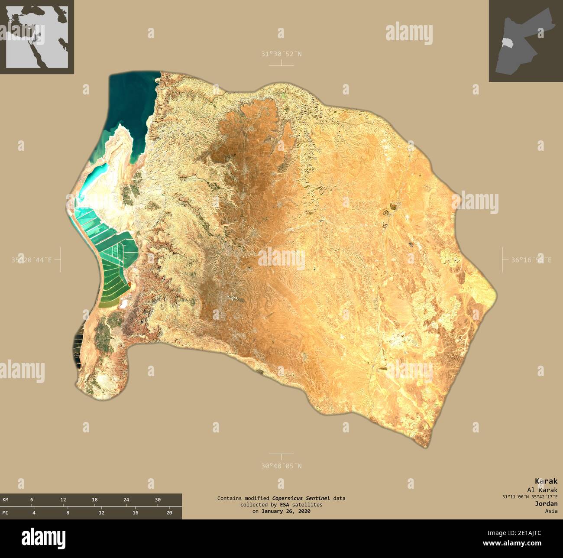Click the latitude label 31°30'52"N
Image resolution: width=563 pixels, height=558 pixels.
point(281,54)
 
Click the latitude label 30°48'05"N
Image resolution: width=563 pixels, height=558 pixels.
point(281,466)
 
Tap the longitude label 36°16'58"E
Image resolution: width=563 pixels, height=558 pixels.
point(531,260)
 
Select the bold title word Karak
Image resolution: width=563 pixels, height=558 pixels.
point(546,481)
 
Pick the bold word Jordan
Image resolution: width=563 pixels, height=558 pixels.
point(546,504)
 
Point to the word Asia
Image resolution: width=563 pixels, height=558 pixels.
point(551,511)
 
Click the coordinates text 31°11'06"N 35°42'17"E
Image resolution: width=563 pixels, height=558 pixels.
point(530,496)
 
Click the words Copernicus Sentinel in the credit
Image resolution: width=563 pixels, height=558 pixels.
point(301,498)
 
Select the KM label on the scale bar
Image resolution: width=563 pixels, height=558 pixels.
point(6,500)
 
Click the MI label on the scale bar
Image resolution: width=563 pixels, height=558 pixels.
point(6,513)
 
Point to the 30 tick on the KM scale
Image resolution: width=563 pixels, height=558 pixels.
point(158,500)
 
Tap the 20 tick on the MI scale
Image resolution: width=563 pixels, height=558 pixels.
point(169,513)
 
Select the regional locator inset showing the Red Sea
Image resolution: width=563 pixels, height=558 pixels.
point(37,37)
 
